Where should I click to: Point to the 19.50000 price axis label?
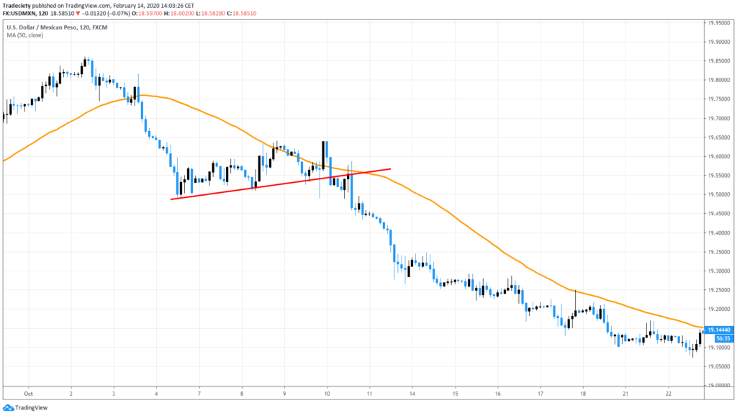click(x=720, y=194)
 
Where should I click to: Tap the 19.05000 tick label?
click(x=720, y=366)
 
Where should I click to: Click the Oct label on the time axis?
click(x=29, y=394)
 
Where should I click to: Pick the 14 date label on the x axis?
click(x=413, y=394)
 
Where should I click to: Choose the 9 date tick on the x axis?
click(x=285, y=394)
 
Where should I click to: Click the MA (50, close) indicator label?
click(x=26, y=34)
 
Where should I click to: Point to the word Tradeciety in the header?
click(x=19, y=5)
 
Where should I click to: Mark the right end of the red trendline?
click(x=391, y=169)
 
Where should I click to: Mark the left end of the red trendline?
click(x=171, y=199)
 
